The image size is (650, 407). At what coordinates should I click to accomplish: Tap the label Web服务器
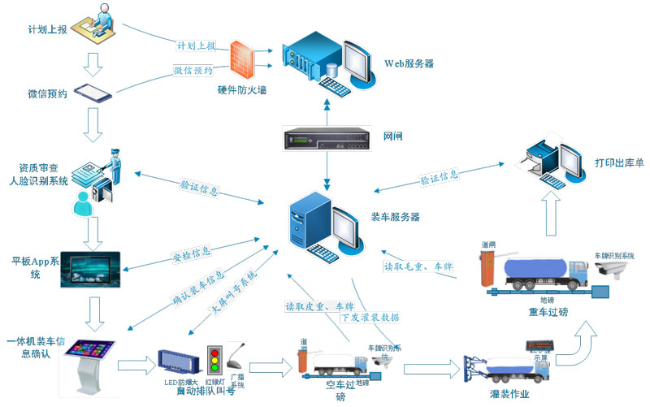[408, 63]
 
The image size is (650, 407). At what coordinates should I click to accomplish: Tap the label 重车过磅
[545, 310]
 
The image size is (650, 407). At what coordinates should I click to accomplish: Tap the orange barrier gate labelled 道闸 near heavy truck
[488, 265]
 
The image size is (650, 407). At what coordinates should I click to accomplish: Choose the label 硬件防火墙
[241, 90]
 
